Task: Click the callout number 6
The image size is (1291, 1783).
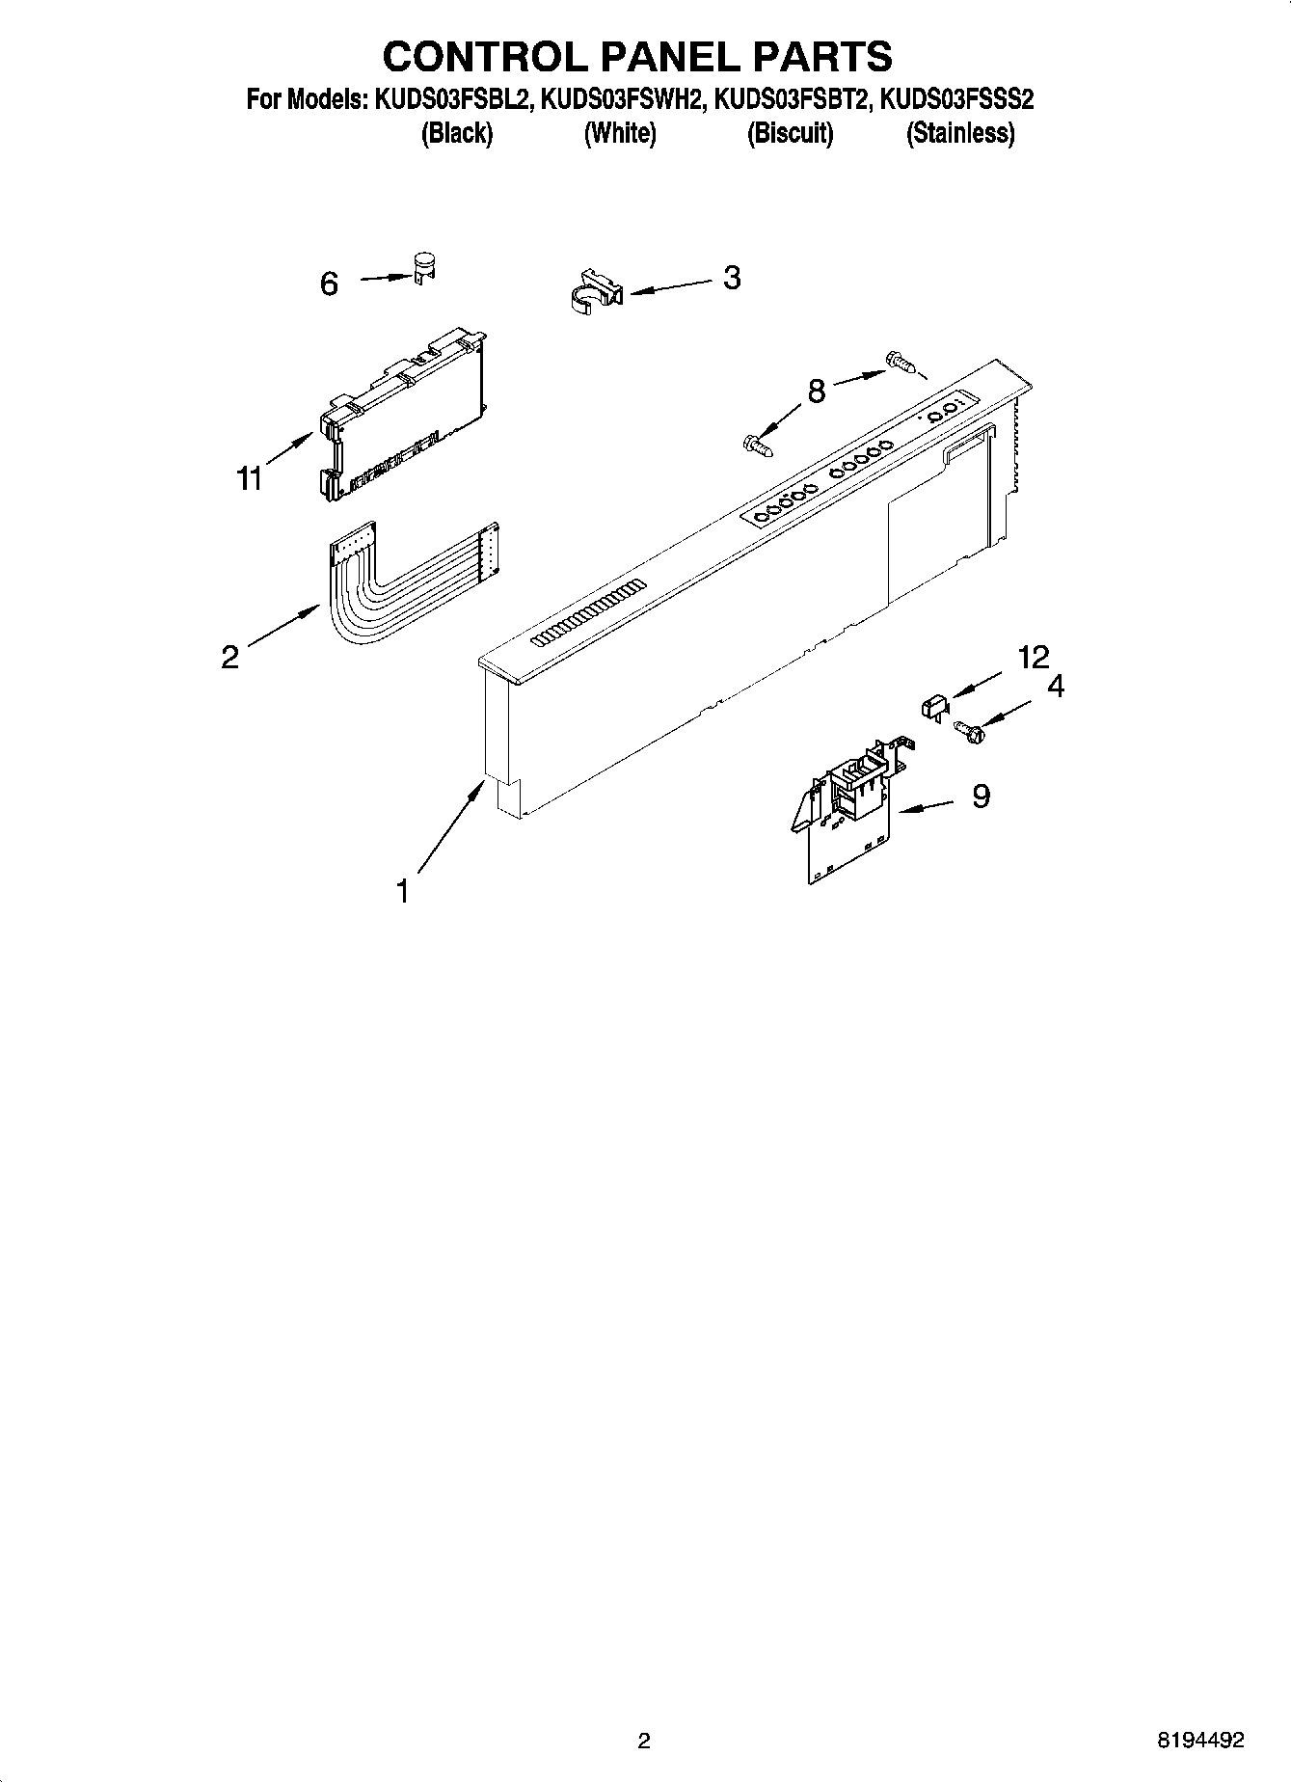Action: (330, 284)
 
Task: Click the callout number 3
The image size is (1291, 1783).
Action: (732, 278)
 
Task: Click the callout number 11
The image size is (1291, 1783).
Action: (250, 478)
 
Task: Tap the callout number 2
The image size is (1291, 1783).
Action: (229, 658)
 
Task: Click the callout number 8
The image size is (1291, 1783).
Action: (817, 392)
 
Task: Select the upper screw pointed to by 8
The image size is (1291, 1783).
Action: (898, 364)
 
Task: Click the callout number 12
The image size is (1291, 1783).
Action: (1033, 658)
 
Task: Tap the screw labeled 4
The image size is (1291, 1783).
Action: (964, 731)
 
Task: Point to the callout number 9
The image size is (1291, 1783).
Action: (981, 797)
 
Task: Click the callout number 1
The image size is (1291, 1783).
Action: (403, 891)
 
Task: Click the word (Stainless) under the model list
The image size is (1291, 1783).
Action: (959, 133)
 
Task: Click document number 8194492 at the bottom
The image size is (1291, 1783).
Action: (1199, 1741)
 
